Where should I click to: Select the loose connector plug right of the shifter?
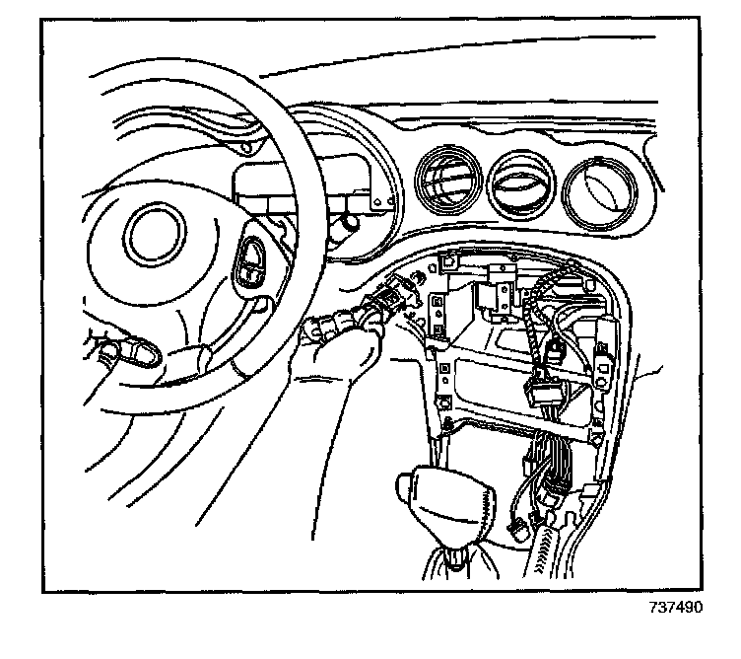[519, 529]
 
